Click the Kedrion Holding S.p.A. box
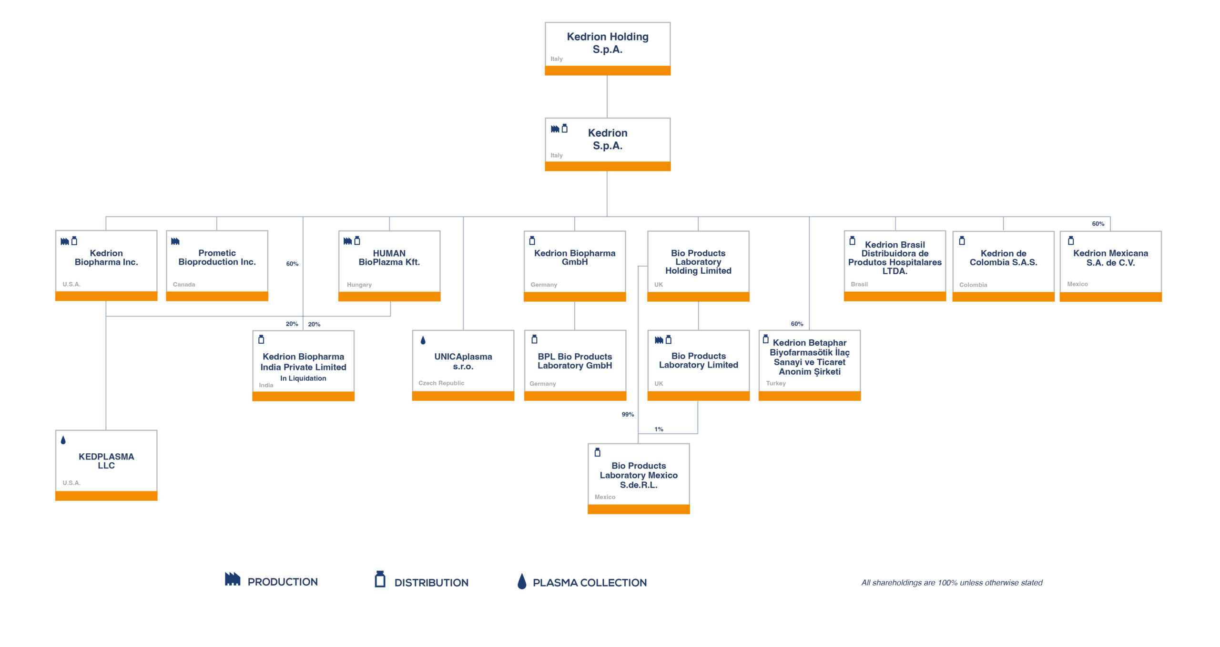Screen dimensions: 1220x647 (608, 49)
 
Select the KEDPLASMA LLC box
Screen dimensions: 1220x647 (106, 465)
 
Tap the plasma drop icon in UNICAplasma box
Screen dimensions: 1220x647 (423, 340)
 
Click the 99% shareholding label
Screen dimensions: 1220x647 (628, 414)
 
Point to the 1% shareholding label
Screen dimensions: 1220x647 (659, 429)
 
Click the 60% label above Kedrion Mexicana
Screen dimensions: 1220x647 (1098, 223)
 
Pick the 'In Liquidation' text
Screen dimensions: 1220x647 (303, 378)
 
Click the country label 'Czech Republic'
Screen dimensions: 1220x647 (441, 383)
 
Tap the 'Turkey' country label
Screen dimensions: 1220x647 (776, 383)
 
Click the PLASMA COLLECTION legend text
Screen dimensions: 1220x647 (590, 582)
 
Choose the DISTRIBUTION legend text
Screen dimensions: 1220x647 (431, 582)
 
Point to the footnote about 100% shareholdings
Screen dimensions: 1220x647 (952, 582)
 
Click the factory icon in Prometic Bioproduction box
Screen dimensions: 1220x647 (175, 241)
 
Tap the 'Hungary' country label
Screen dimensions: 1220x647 (359, 284)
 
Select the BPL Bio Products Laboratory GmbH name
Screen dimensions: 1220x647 (575, 361)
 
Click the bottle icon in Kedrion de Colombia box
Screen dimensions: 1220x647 (962, 240)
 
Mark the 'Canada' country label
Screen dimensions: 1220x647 (184, 284)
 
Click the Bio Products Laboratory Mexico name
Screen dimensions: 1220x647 (639, 475)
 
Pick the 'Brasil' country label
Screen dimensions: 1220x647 (859, 284)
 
